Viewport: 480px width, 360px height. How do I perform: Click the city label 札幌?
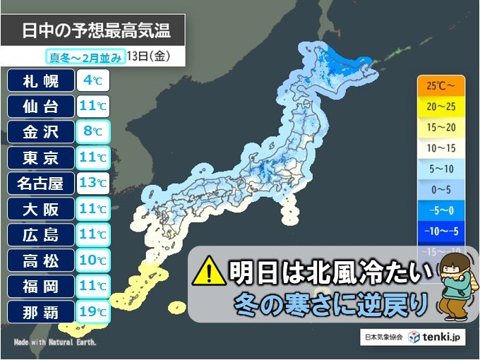click(40, 80)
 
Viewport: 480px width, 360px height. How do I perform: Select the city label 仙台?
click(40, 106)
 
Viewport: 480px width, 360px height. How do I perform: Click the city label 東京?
click(40, 157)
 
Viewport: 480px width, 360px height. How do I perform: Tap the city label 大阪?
click(40, 209)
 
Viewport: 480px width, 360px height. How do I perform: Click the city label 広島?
click(40, 234)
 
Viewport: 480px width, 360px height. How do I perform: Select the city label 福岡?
click(40, 286)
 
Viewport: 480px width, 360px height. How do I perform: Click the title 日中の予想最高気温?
click(96, 32)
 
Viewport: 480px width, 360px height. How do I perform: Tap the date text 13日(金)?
click(148, 56)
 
